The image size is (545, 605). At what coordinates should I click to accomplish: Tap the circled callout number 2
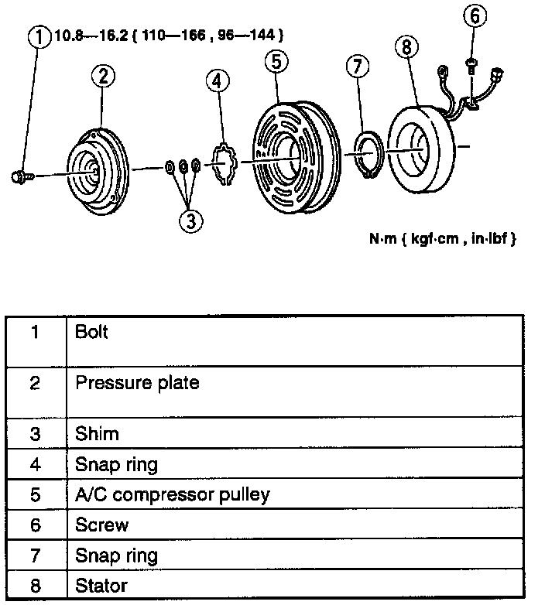tap(103, 75)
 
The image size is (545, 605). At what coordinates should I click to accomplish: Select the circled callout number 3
tap(190, 220)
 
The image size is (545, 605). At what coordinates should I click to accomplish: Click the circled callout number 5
tap(276, 60)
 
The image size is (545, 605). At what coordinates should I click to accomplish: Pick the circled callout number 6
tap(476, 15)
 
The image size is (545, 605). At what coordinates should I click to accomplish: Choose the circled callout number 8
tap(406, 48)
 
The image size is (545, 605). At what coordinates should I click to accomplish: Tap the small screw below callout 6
tap(471, 65)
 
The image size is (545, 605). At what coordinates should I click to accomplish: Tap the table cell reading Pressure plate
tap(137, 382)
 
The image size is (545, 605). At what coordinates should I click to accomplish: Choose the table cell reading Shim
tap(97, 433)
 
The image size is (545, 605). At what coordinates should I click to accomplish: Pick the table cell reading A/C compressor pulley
tap(172, 494)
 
